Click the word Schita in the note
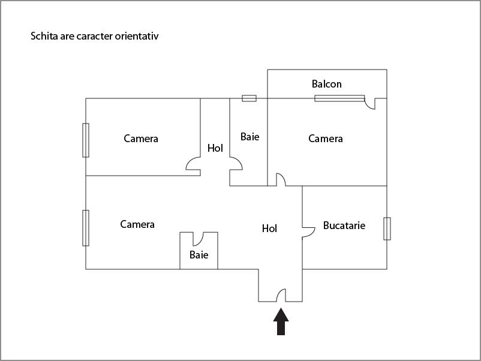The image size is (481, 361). pos(44,36)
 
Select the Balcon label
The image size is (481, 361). pos(326,84)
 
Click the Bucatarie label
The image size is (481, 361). pos(344,226)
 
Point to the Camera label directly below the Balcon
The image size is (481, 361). pos(325,139)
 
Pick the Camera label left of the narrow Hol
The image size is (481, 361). pos(141,139)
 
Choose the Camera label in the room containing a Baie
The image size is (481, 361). pos(137,224)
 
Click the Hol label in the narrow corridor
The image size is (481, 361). pos(215,148)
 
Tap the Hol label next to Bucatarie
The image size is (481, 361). pos(269,228)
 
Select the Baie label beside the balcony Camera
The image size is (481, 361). pos(249,137)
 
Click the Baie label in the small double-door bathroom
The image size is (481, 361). pos(199,255)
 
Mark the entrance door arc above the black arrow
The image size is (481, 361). pos(280,295)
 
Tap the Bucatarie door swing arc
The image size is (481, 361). pos(309,231)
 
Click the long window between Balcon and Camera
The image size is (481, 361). pos(339,98)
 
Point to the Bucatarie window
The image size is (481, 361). pos(387,228)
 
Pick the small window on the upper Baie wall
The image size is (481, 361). pos(249,98)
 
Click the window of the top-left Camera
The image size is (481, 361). pos(86,140)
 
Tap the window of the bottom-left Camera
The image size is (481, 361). pos(86,228)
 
